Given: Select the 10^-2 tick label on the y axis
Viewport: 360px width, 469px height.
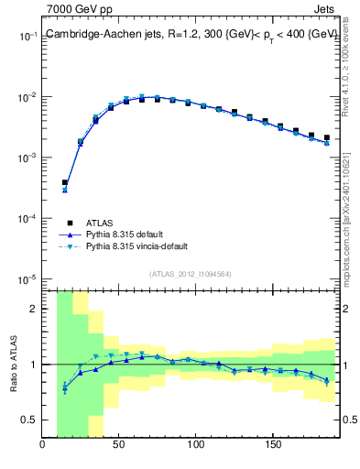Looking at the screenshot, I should [x=27, y=97].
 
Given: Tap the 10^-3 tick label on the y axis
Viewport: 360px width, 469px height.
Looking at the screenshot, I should [x=27, y=158].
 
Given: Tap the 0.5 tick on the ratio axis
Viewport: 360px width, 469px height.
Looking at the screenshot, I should [x=30, y=420].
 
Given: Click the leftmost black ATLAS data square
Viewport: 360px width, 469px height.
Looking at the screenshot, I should [x=64, y=182].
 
